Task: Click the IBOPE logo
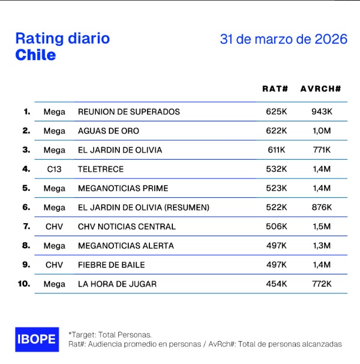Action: [x=36, y=339]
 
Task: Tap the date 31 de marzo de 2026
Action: [x=284, y=39]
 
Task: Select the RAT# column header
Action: [x=275, y=89]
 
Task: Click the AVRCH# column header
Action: [x=321, y=89]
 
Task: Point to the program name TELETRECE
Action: [x=101, y=169]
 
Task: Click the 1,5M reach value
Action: [x=322, y=226]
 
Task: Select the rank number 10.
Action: [x=24, y=284]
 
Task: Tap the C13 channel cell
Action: [x=54, y=169]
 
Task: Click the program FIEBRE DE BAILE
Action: [x=111, y=265]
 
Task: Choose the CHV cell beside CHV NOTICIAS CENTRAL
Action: [x=54, y=226]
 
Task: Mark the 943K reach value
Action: [x=322, y=111]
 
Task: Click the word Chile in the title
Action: [x=36, y=55]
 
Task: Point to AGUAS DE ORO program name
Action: [x=108, y=131]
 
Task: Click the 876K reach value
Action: [x=322, y=207]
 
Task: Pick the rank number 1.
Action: [x=26, y=111]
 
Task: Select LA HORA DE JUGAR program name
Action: [x=117, y=284]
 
